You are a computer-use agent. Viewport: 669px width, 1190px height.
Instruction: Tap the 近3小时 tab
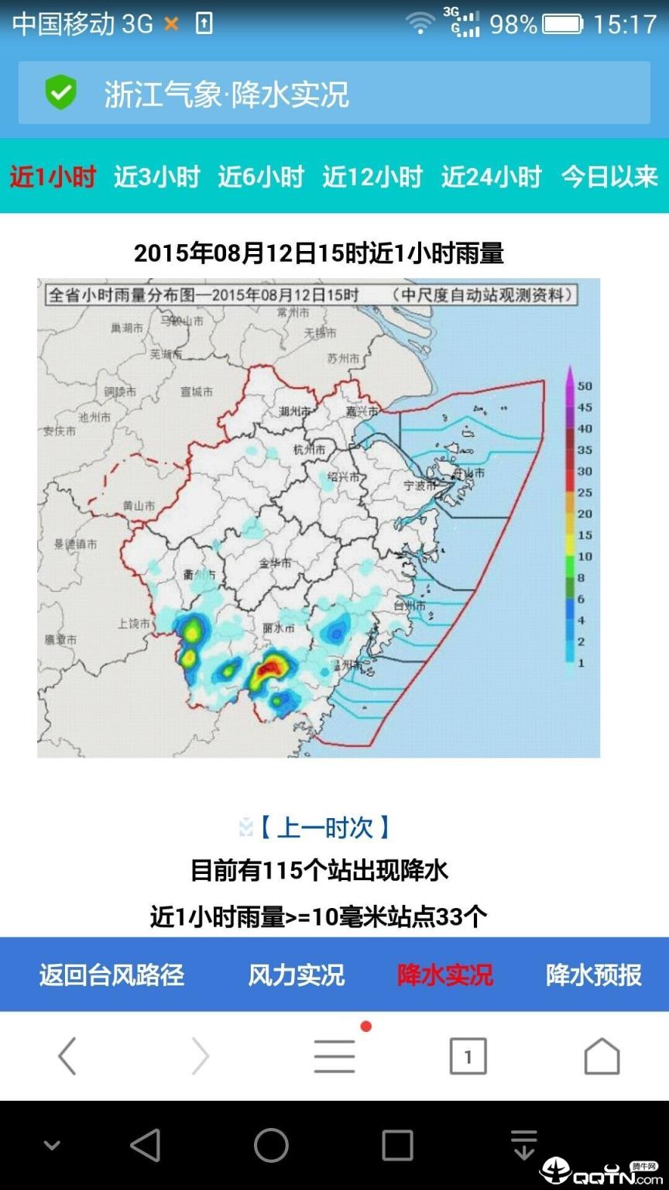[x=156, y=177]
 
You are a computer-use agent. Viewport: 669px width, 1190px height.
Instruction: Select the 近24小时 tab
[x=491, y=177]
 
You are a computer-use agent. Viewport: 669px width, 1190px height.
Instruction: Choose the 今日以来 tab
[x=609, y=177]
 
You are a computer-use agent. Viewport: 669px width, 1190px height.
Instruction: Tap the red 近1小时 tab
[x=53, y=177]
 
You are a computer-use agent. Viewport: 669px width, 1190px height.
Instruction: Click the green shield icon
[x=60, y=93]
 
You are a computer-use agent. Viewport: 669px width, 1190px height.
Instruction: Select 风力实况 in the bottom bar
[x=296, y=975]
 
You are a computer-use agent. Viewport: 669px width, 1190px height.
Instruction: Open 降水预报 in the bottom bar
[x=594, y=975]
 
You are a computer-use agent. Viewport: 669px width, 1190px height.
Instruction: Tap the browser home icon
[x=602, y=1056]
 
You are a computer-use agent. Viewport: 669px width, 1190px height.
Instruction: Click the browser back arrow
[x=67, y=1056]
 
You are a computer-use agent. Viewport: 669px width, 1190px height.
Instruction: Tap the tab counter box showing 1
[x=468, y=1056]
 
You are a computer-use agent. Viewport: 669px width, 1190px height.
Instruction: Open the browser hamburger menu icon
[x=334, y=1056]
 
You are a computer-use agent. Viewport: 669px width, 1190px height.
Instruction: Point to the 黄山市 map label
[x=139, y=506]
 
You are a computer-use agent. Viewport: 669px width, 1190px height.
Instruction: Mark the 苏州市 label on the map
[x=343, y=359]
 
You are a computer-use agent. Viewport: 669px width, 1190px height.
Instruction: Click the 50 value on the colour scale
[x=585, y=386]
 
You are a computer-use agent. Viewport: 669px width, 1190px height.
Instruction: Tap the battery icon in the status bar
[x=563, y=24]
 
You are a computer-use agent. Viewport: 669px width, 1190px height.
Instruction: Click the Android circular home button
[x=271, y=1145]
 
